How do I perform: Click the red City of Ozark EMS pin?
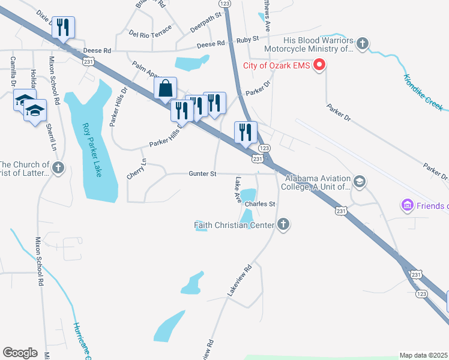coord(319,65)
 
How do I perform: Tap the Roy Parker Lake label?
coord(91,150)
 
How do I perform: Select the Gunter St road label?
coord(202,173)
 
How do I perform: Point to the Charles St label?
coord(259,204)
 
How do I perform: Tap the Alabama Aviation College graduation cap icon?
coord(360,181)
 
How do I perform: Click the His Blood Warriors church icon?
coord(362,43)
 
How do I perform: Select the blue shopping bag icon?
coord(165,88)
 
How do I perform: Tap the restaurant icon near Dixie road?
coord(63,27)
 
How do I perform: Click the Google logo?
coord(20,353)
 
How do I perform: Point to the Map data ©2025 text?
coord(423,355)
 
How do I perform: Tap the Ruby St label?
coord(247,38)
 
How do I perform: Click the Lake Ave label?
coord(238,188)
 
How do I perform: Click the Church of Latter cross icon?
coord(58,167)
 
